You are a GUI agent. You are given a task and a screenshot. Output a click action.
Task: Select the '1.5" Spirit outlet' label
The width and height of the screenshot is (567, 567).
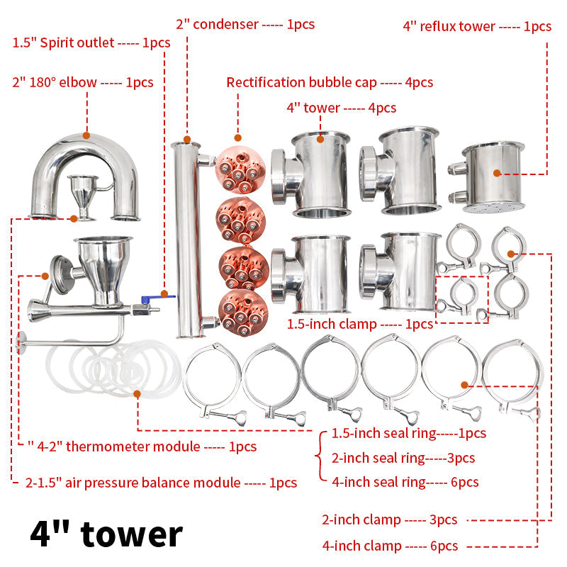tap(91, 43)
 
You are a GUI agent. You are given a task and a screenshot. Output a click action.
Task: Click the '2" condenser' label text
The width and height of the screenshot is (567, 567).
tap(245, 24)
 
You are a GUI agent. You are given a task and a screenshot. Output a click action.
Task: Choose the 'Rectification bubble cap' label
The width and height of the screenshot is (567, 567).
tap(330, 82)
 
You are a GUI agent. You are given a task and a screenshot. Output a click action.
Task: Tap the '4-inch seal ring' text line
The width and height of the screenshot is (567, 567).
tap(405, 482)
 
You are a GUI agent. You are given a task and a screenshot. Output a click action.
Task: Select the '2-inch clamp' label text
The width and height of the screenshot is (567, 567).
tap(389, 520)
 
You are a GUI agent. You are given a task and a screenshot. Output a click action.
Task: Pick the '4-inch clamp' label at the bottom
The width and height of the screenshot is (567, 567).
tap(389, 546)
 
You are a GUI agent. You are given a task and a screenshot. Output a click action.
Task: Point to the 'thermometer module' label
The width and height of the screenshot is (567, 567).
tap(142, 447)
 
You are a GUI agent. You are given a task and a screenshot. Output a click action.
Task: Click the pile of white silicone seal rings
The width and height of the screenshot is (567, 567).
tap(113, 369)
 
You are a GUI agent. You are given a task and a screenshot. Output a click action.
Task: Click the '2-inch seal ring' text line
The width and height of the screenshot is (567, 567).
tap(403, 458)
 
